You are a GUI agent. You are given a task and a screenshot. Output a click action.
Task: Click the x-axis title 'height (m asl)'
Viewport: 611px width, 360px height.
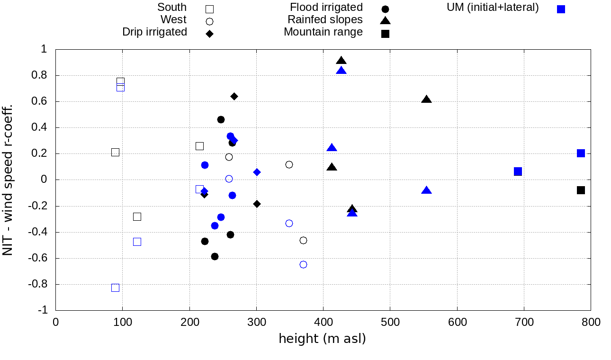point(322,339)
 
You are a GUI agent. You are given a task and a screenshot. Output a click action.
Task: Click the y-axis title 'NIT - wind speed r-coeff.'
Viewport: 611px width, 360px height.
point(8,180)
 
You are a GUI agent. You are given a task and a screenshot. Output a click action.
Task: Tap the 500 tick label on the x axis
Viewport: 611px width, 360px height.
point(390,323)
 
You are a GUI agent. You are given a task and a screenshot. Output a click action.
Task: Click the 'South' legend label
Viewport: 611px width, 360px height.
point(172,8)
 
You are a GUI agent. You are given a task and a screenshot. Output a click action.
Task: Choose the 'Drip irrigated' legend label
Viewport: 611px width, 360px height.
point(154,32)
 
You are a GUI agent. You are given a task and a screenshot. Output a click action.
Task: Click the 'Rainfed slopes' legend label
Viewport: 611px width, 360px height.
point(325,20)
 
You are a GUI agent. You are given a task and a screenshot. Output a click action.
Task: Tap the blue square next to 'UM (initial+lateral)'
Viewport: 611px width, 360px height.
point(561,9)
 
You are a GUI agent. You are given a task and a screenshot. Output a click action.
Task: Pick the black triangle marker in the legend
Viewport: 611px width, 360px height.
point(385,20)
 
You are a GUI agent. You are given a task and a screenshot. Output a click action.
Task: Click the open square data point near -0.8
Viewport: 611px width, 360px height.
point(115,288)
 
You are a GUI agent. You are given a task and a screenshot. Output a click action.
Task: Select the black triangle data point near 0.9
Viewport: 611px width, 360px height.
point(341,61)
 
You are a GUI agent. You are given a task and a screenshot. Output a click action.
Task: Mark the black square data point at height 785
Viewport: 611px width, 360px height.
point(581,190)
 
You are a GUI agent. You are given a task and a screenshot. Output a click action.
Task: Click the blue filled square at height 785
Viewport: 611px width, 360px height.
point(581,153)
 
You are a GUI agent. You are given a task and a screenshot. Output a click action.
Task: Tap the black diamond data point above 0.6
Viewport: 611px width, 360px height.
point(234,96)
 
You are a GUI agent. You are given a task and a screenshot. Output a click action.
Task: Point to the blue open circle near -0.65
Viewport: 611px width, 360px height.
point(303,264)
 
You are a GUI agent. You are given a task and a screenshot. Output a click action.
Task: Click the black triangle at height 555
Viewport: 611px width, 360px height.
point(426,99)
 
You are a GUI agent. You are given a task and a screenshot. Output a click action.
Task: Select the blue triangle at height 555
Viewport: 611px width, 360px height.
point(426,190)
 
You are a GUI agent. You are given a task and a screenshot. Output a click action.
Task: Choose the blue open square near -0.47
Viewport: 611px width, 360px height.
point(137,242)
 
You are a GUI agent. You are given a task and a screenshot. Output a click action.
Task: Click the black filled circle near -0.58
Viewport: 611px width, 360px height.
point(215,256)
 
